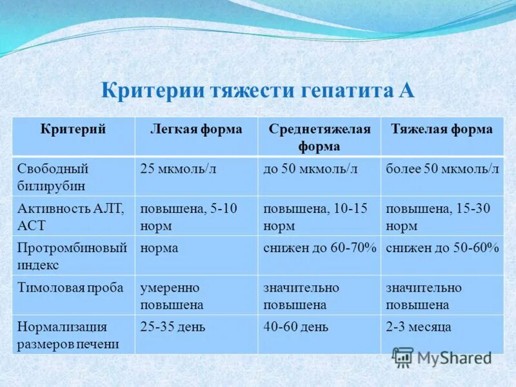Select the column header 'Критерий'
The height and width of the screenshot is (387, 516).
[74, 129]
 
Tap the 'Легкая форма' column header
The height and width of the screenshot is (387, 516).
[196, 129]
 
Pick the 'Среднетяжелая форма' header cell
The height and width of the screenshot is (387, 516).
[319, 137]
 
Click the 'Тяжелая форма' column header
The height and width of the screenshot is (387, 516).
[442, 129]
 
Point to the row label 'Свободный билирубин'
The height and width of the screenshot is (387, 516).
[54, 177]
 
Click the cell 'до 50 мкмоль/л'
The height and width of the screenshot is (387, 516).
[310, 169]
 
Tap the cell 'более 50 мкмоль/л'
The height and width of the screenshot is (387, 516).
[442, 169]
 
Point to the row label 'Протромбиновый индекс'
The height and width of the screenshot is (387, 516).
[72, 255]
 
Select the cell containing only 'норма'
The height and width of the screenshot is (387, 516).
[159, 248]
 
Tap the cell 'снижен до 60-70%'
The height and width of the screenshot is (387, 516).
[319, 248]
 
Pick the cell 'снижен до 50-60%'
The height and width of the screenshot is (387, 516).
[442, 248]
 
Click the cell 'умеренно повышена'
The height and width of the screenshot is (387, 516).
[172, 295]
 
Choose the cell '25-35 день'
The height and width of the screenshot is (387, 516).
[173, 327]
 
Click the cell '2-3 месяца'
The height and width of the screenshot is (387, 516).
[419, 327]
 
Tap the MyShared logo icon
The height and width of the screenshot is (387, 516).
[403, 357]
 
